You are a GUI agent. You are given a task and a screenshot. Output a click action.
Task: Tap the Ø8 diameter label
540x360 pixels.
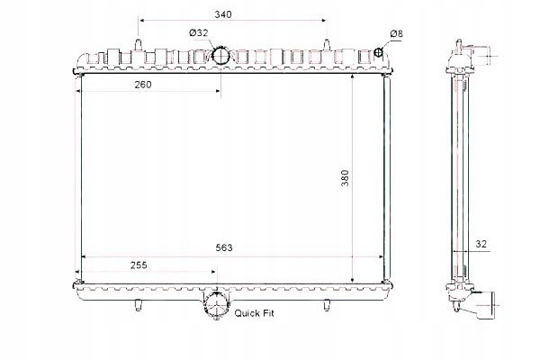[x=396, y=34]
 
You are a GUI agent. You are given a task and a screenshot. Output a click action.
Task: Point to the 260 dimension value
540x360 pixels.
[x=141, y=85]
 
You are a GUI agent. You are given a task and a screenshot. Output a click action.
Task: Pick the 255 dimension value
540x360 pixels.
[x=138, y=265]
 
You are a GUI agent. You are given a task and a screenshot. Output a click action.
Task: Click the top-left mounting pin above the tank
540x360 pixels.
[x=137, y=43]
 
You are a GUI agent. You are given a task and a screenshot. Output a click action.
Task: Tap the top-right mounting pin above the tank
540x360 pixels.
[x=322, y=43]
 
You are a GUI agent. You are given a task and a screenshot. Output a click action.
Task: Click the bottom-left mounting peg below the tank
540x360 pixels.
[x=138, y=302]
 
